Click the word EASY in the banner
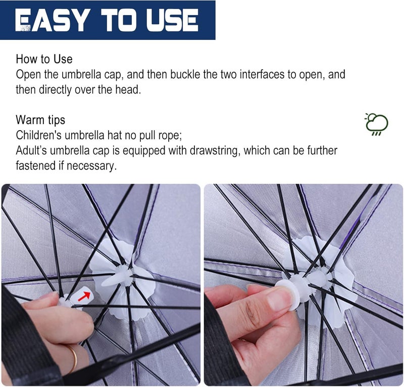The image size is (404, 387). pos(50,20)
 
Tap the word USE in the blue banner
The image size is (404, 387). pos(172,20)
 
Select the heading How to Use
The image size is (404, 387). pos(44,59)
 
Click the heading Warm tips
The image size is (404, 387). pos(40,120)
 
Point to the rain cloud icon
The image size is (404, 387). pos(376,124)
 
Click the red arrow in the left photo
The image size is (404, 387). pos(84,296)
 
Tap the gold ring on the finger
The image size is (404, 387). pos(73,358)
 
